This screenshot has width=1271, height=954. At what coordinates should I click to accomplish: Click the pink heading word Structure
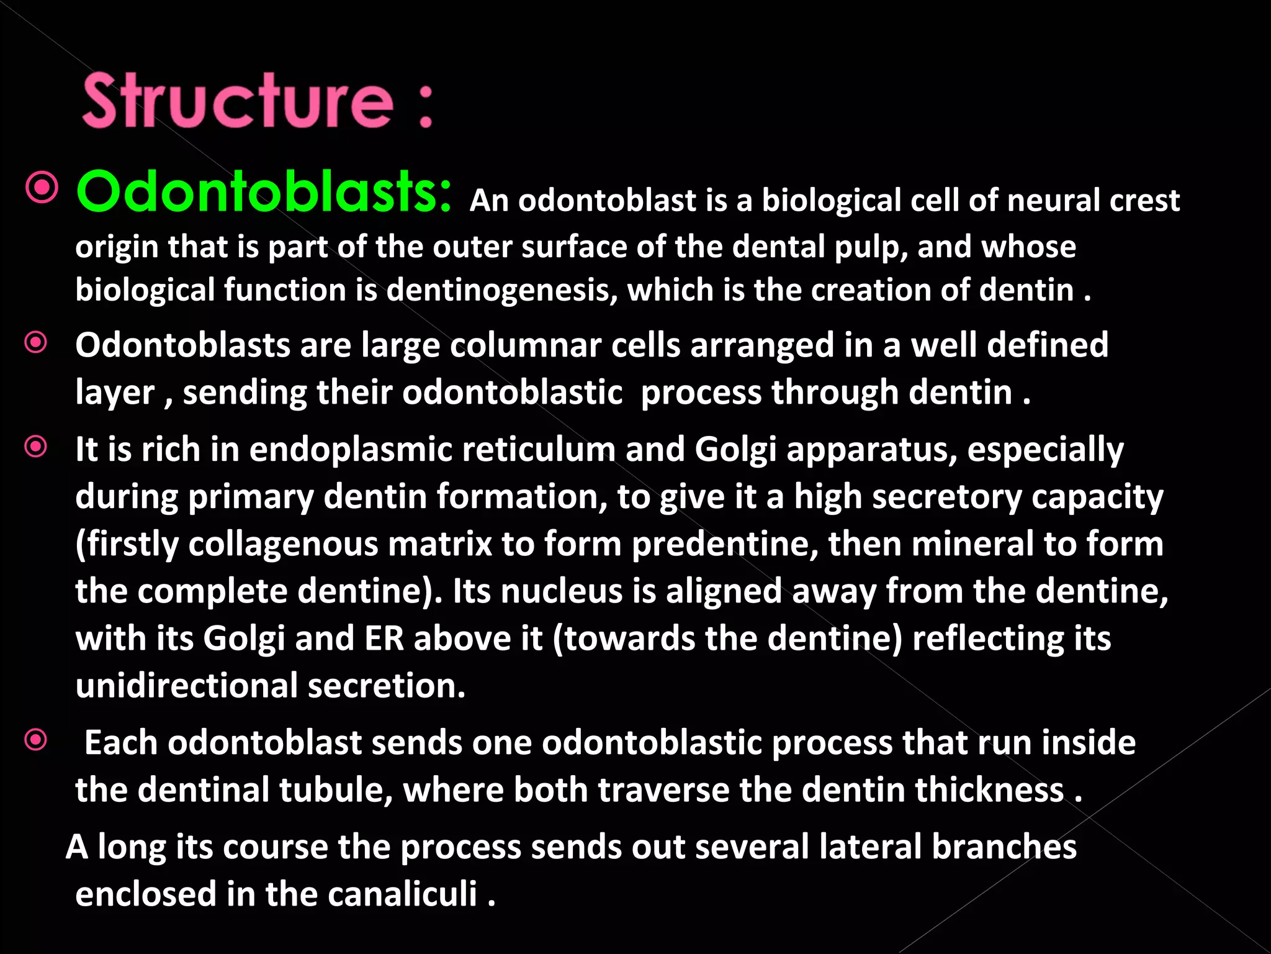click(x=238, y=101)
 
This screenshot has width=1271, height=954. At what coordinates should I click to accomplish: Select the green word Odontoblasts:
click(x=264, y=191)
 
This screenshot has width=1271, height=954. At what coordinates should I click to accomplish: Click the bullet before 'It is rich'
click(x=36, y=447)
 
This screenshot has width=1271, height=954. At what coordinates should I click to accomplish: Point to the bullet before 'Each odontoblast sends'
click(x=36, y=739)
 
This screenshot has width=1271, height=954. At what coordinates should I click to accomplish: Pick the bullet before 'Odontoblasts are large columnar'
click(x=36, y=342)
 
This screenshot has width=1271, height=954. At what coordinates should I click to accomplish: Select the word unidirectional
click(x=187, y=686)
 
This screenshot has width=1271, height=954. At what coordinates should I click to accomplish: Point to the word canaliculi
click(x=402, y=894)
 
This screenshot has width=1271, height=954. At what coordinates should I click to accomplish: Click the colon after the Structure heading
click(x=426, y=107)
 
